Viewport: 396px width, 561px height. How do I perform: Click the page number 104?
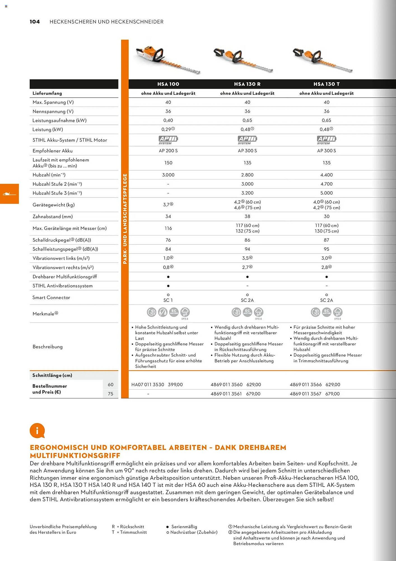(35, 22)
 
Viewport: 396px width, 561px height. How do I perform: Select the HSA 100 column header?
(168, 84)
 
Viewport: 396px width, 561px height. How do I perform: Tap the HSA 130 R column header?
(247, 84)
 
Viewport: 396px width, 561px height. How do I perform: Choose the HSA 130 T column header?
(327, 84)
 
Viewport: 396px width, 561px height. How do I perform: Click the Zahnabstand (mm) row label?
(53, 217)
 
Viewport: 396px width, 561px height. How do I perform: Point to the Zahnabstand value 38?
(247, 217)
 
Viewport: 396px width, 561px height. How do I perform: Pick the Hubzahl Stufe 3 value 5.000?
(327, 193)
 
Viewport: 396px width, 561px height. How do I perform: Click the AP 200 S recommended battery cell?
(168, 151)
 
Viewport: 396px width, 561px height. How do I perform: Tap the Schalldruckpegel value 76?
(168, 240)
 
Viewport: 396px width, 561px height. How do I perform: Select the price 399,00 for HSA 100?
(175, 385)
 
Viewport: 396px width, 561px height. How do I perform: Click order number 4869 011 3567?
(306, 394)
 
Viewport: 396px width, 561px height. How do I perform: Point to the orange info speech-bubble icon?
(37, 431)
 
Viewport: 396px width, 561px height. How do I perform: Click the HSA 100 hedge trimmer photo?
(167, 59)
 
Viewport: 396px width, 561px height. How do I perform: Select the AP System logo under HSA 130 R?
(247, 140)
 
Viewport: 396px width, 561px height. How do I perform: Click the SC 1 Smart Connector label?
(168, 300)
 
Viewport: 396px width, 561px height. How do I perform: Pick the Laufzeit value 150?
(168, 163)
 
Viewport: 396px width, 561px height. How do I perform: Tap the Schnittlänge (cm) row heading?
(52, 375)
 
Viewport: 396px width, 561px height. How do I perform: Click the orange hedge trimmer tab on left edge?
(9, 194)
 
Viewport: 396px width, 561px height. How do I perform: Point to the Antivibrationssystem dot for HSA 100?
(168, 286)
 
